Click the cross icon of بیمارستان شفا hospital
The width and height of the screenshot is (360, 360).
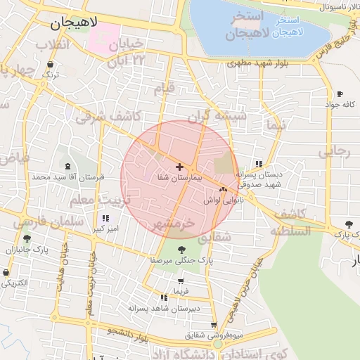click(x=179, y=167)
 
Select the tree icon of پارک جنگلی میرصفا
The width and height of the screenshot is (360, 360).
click(x=181, y=249)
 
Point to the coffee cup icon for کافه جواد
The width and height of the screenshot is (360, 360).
click(x=340, y=94)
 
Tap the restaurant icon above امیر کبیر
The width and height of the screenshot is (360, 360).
click(x=105, y=218)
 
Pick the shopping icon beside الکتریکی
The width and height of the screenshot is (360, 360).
click(x=7, y=272)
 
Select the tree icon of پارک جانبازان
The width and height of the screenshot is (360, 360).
click(x=27, y=239)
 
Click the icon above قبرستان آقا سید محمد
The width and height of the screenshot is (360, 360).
click(x=67, y=166)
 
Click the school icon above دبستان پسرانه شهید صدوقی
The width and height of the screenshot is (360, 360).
click(x=259, y=164)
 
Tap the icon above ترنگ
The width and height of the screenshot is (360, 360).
click(x=50, y=63)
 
